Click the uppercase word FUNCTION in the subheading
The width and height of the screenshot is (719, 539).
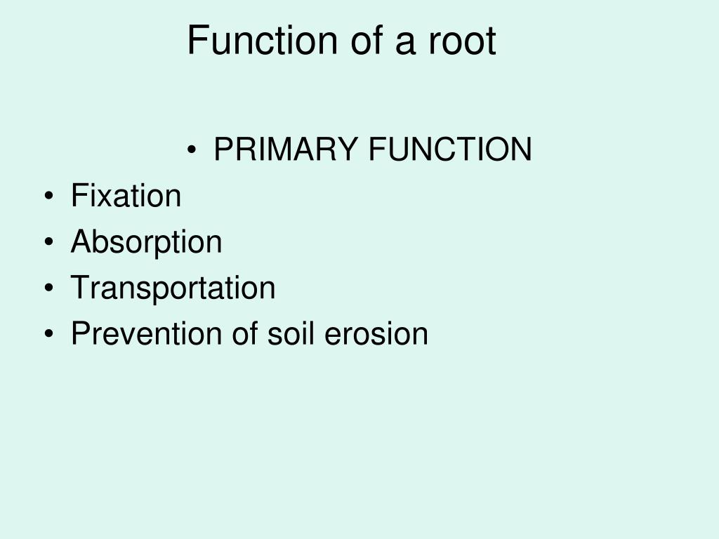pos(450,149)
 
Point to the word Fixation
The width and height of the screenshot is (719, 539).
pos(126,196)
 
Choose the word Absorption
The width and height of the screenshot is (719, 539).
pos(146,242)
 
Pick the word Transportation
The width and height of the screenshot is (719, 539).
pos(173,288)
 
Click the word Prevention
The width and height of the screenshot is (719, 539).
pos(145,333)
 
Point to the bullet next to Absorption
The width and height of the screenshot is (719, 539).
pos(48,243)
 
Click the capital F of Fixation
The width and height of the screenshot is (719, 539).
pos(78,196)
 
